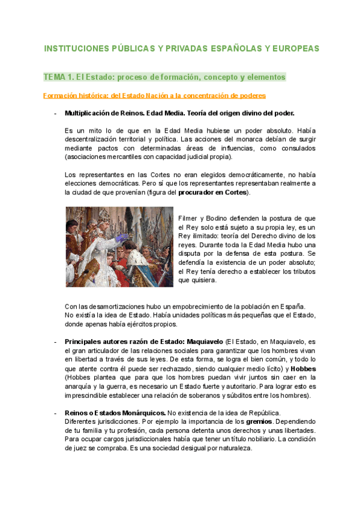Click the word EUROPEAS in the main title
pos(294,49)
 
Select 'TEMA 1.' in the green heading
pos(58,77)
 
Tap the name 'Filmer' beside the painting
pos(189,218)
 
